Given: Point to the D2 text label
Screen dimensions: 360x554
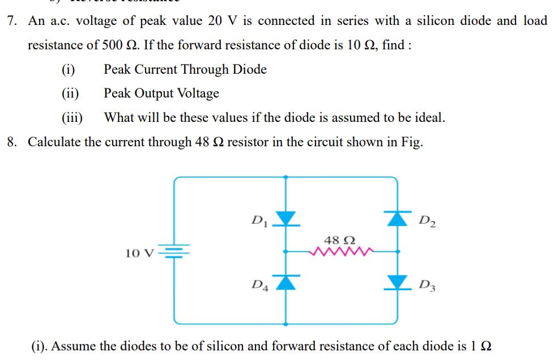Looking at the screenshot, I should (x=427, y=219).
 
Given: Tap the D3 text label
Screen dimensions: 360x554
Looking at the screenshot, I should (x=426, y=284).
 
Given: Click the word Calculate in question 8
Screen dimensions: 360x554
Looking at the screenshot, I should (x=54, y=142).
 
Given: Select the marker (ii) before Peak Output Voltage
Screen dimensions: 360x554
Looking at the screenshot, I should (x=71, y=94).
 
